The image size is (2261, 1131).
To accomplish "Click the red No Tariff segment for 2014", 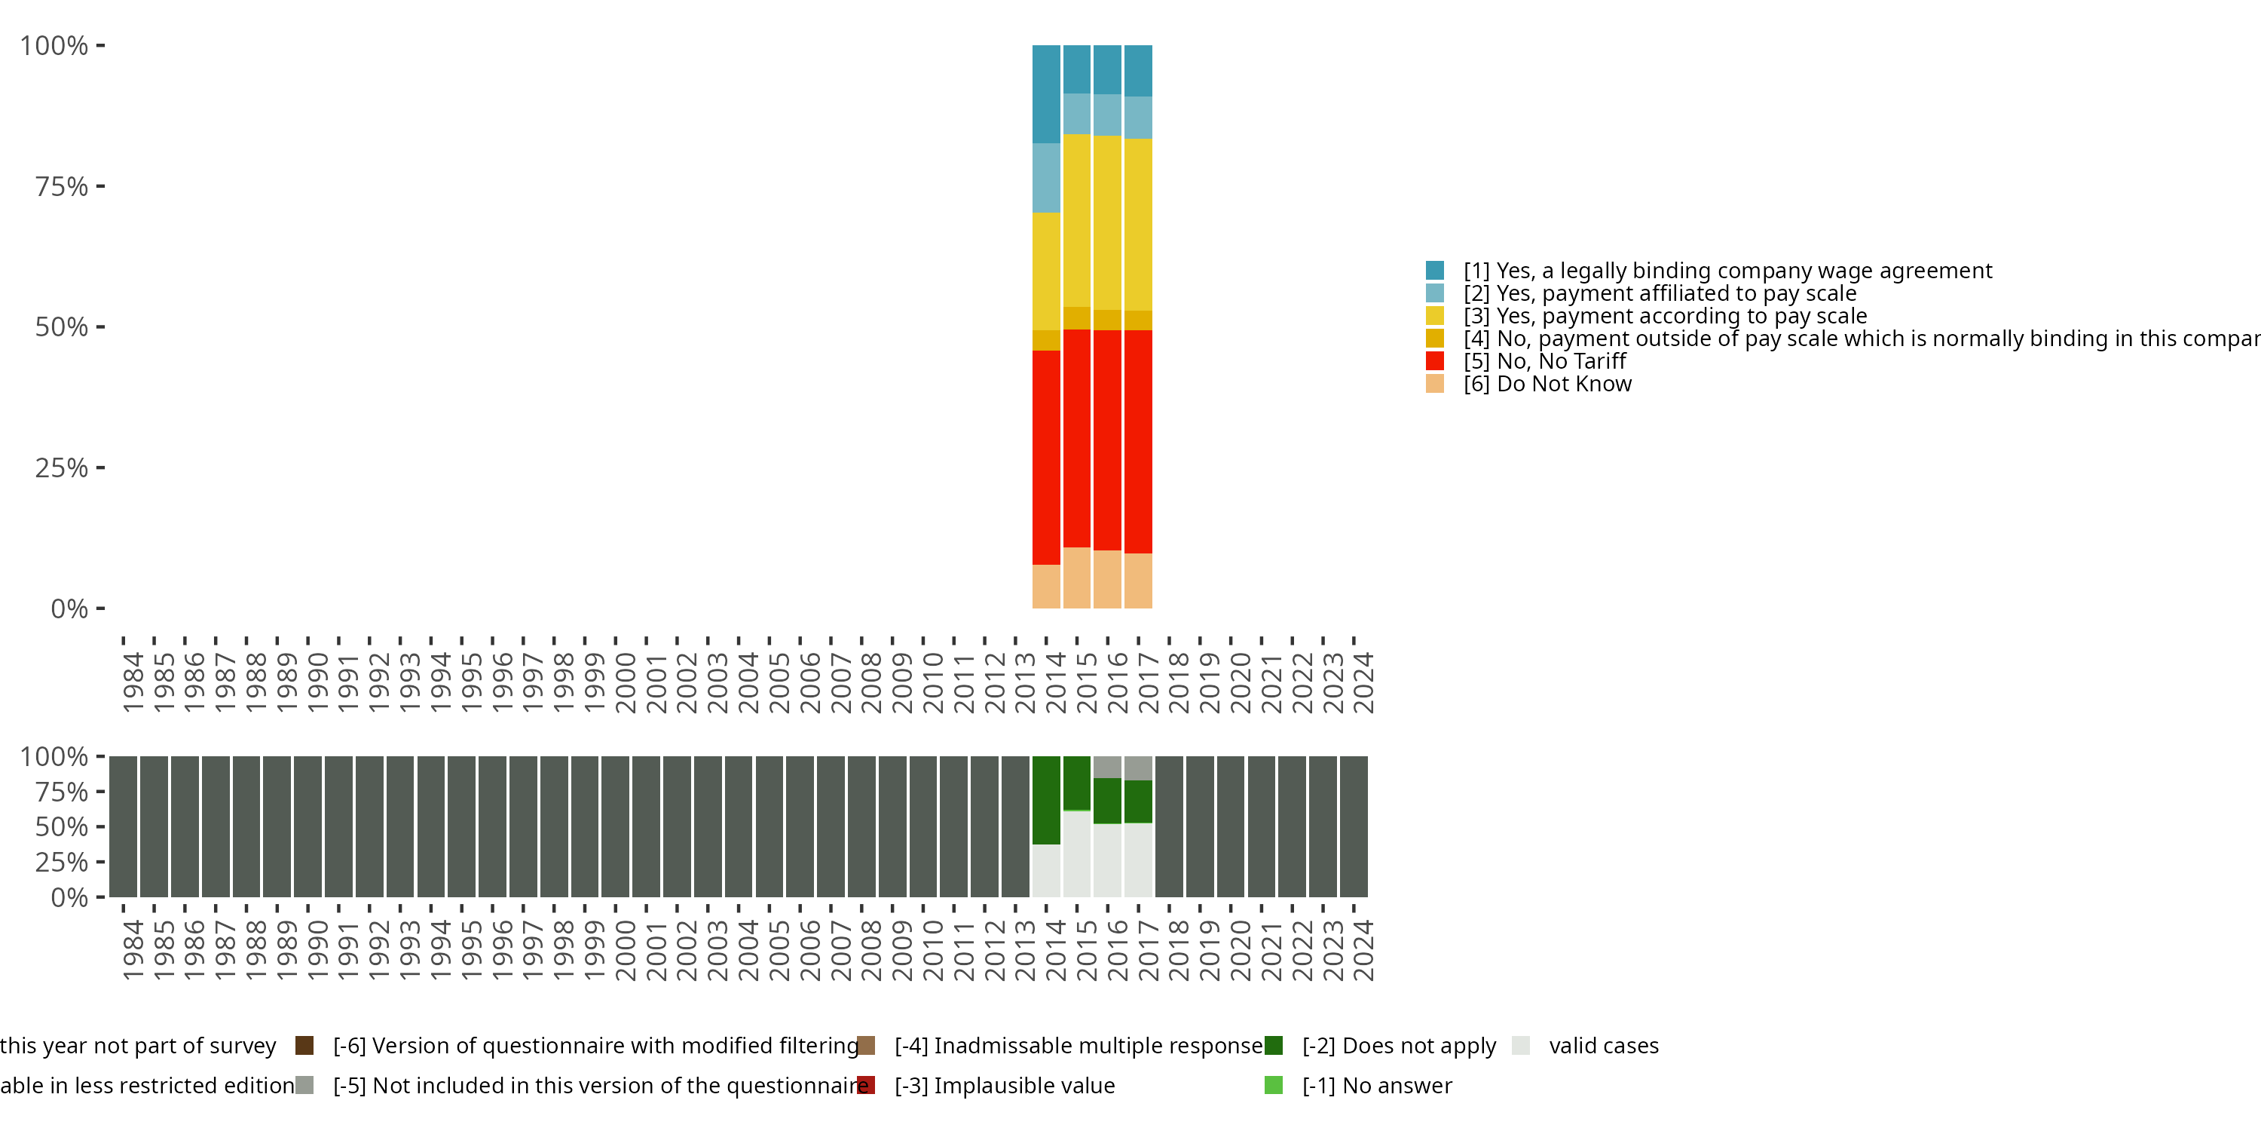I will [x=1045, y=457].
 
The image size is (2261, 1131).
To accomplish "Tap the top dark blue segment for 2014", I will [x=1045, y=94].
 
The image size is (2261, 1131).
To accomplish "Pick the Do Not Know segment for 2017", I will [x=1137, y=581].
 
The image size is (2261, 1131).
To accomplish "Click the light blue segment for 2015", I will [x=1076, y=114].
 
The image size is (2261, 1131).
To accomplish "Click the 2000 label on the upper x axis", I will [x=625, y=682].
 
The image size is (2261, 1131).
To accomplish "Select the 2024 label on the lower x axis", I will [x=1363, y=950].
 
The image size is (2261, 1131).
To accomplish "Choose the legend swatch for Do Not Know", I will [x=1435, y=384].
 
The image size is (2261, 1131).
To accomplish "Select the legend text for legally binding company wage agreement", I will [x=1727, y=271].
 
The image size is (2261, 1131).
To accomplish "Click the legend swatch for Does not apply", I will [x=1274, y=1045].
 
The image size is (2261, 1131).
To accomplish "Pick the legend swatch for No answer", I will [x=1274, y=1085].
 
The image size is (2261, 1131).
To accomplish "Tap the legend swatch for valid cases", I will [x=1521, y=1045].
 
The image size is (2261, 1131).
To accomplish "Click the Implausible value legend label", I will [x=1004, y=1085].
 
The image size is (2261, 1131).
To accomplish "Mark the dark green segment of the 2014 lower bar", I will [x=1045, y=800].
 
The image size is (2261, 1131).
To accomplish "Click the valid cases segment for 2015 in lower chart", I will [x=1076, y=854].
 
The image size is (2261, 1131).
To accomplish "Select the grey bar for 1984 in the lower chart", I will [x=123, y=826].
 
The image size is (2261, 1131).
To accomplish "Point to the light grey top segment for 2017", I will [x=1137, y=768].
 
